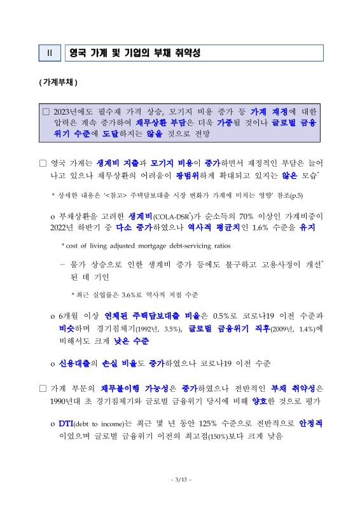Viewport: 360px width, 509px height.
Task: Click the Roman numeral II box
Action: [50, 53]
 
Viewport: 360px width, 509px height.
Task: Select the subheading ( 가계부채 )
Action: [58, 83]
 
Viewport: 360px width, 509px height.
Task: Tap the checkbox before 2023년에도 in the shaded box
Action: [45, 111]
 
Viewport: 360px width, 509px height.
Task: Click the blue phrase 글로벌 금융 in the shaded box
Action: [298, 123]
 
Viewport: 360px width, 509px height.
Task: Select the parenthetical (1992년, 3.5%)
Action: [158, 329]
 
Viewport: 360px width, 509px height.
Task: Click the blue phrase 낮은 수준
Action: [132, 341]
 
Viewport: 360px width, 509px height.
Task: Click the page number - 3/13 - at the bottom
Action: [181, 479]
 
